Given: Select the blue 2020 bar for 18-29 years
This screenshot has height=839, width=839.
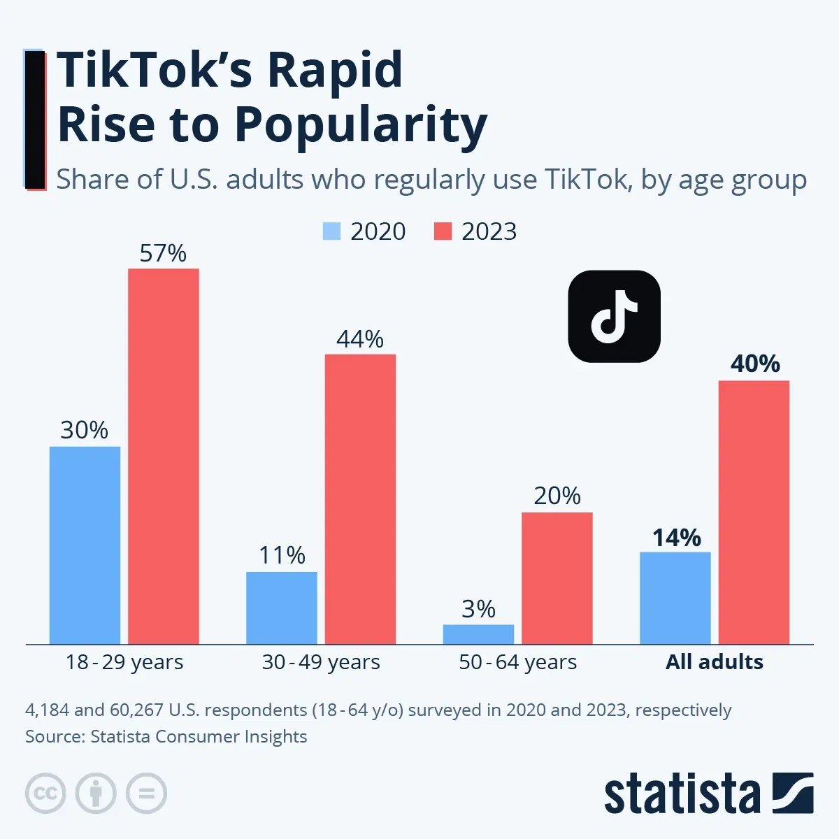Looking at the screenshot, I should click(85, 545).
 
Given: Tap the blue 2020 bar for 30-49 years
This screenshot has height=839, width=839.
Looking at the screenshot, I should click(281, 608).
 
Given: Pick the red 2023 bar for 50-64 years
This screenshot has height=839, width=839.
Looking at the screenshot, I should click(557, 578).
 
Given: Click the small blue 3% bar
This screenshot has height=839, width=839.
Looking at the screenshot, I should click(478, 634).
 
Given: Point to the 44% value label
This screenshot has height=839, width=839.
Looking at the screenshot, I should click(359, 339).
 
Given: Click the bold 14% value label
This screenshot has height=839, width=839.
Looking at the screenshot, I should click(676, 538).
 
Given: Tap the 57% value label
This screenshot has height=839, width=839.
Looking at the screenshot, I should click(163, 253).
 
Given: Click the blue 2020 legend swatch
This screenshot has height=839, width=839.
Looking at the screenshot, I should click(331, 231).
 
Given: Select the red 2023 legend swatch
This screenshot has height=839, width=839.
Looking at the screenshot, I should click(443, 231).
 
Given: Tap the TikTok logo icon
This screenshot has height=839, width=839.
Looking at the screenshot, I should click(614, 316).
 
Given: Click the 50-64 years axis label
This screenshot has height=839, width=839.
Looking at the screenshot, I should click(517, 662).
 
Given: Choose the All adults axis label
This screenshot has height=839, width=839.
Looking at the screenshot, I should click(714, 662).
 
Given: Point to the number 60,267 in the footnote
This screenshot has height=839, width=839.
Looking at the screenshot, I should click(136, 710).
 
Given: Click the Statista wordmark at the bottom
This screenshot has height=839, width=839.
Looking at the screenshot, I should click(682, 794).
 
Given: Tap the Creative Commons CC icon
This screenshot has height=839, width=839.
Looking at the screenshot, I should click(45, 794).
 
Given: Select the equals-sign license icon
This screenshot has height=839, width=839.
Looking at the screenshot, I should click(146, 794).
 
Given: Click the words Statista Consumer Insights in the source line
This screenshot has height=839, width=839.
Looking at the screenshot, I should click(199, 737).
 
